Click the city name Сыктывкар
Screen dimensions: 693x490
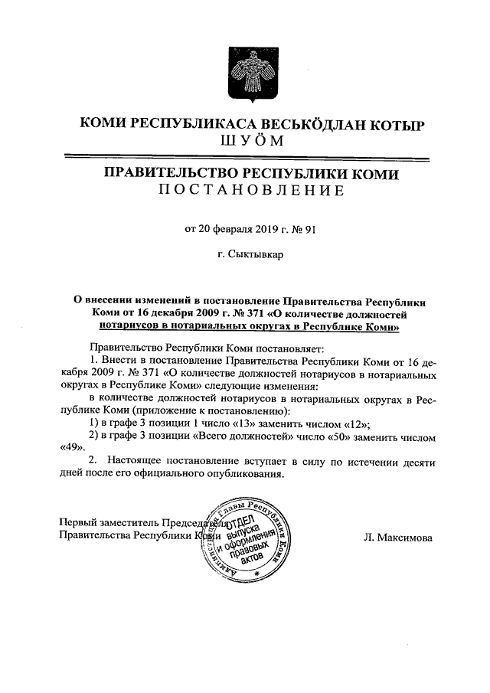(258, 254)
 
